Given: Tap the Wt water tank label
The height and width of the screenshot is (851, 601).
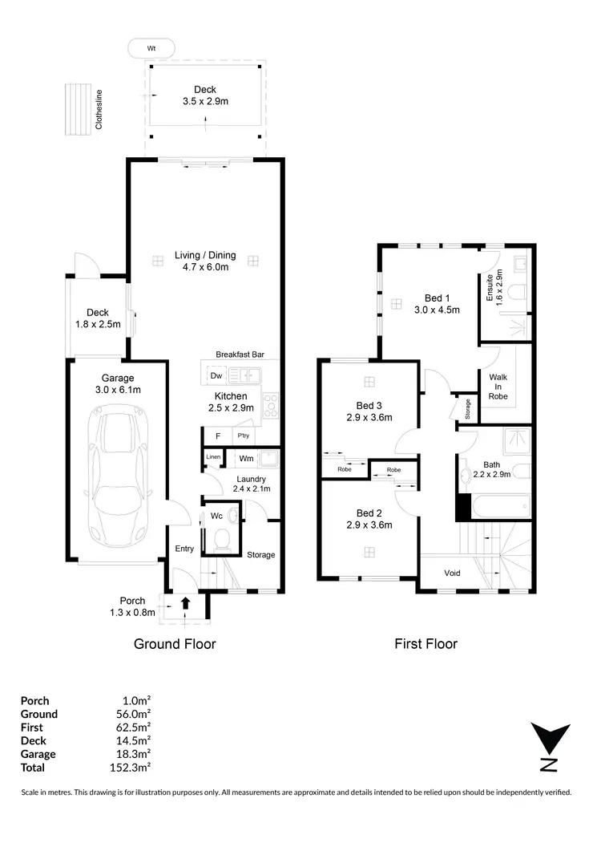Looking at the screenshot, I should pyautogui.click(x=151, y=48).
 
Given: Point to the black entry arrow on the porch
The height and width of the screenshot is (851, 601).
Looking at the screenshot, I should pyautogui.click(x=185, y=603).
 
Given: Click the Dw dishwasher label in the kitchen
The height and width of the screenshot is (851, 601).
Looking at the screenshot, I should pyautogui.click(x=216, y=375).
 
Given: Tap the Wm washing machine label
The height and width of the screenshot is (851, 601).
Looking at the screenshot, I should pyautogui.click(x=246, y=459).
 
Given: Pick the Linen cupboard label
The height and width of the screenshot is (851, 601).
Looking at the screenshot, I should pyautogui.click(x=212, y=457).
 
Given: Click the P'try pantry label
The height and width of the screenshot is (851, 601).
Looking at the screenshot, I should pyautogui.click(x=242, y=436).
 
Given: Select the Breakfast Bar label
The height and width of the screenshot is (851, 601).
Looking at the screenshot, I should pyautogui.click(x=240, y=354).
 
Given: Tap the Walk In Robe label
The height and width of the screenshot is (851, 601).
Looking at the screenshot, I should pyautogui.click(x=498, y=386).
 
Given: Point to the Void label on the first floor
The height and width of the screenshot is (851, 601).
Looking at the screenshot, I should pyautogui.click(x=452, y=573).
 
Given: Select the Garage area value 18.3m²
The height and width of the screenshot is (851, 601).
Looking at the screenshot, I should pyautogui.click(x=135, y=754).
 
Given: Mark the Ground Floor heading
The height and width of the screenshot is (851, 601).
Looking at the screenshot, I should pyautogui.click(x=174, y=643).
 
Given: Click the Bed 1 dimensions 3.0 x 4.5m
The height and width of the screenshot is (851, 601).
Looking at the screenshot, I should pyautogui.click(x=437, y=309).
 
